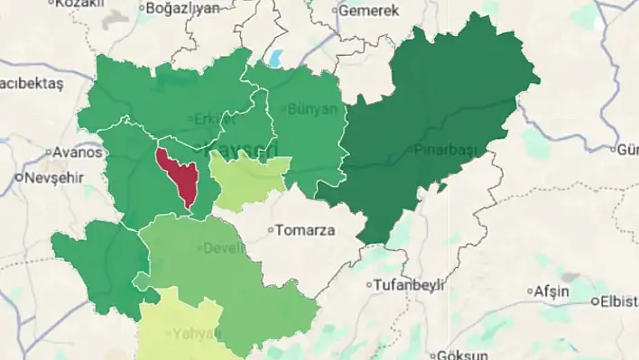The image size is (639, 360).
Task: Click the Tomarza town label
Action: click(304, 229)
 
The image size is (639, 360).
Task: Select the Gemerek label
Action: click(369, 11)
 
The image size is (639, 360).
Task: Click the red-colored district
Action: click(175, 173)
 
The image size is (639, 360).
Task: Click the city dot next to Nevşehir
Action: click(19, 178)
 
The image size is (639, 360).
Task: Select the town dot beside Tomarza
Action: click(271, 230)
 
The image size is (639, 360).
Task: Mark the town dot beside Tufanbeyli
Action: click(369, 286)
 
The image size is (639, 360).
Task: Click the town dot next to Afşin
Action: click(530, 292)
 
